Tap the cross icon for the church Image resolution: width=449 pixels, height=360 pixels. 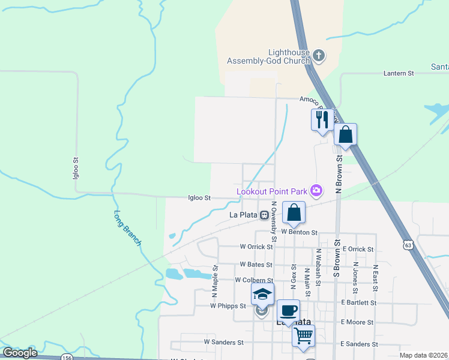click(x=319, y=56)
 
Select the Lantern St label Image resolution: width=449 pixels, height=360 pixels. click(x=399, y=73)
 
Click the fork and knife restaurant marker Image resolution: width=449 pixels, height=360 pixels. click(x=322, y=119)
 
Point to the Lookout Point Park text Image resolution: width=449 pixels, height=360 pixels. click(x=271, y=191)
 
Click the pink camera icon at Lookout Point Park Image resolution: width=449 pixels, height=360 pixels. click(x=316, y=191)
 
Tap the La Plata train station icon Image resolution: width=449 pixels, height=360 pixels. click(x=264, y=214)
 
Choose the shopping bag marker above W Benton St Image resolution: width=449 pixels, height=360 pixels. click(x=294, y=212)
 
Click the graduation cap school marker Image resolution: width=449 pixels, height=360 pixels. click(x=262, y=295)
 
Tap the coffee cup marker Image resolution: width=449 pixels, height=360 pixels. click(x=288, y=311)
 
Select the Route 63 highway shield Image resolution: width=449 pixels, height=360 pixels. click(x=408, y=245)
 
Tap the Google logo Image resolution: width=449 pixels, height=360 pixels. click(x=20, y=353)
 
